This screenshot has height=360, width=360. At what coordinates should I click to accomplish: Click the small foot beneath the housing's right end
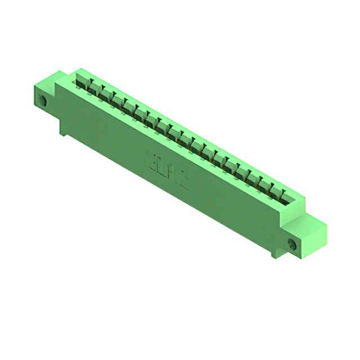[x=275, y=254]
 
